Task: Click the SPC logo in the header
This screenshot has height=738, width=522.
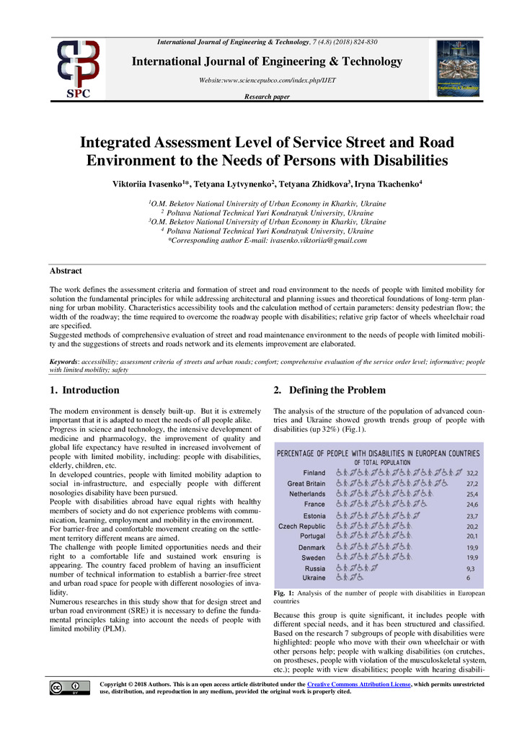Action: click(79, 69)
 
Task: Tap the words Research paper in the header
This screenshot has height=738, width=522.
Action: click(267, 96)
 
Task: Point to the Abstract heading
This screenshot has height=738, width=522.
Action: click(65, 271)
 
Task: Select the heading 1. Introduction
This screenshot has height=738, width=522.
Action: click(84, 391)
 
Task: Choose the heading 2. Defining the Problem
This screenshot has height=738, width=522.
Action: click(329, 391)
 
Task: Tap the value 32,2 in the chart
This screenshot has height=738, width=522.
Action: click(472, 473)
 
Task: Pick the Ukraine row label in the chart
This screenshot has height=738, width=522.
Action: click(314, 578)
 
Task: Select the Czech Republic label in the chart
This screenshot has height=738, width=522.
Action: click(302, 526)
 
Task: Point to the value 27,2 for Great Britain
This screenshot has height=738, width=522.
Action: click(472, 484)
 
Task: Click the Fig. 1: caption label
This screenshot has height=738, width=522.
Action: click(284, 593)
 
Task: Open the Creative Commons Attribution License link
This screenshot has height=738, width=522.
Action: click(358, 683)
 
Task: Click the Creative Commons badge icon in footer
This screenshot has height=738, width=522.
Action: click(70, 688)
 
